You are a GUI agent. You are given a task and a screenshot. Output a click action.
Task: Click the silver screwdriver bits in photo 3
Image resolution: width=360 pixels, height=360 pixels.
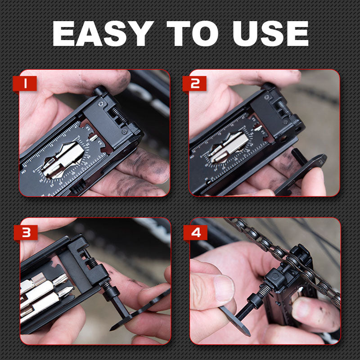[x=43, y=292]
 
